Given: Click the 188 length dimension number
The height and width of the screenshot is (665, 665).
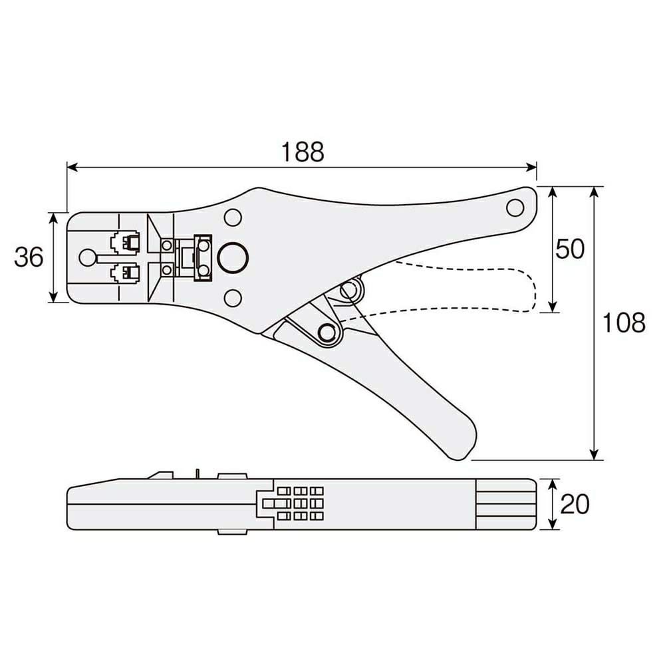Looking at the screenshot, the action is click(303, 152).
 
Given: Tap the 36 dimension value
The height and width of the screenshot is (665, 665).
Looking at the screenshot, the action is click(29, 257).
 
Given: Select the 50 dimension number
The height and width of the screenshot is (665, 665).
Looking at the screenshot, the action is click(570, 249).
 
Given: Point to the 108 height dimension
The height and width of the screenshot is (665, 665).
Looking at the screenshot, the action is click(624, 323).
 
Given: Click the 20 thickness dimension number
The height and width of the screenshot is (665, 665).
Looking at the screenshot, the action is click(575, 504).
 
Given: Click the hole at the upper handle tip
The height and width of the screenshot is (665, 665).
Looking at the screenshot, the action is click(515, 207).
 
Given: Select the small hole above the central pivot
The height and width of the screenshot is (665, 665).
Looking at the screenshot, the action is click(232, 217).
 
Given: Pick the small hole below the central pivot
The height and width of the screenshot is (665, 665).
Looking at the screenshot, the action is click(232, 298).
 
